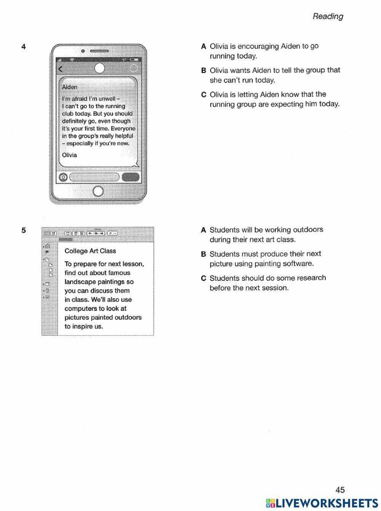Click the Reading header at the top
pyautogui.click(x=328, y=16)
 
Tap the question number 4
pyautogui.click(x=24, y=47)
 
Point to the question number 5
pyautogui.click(x=24, y=230)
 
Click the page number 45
pyautogui.click(x=340, y=490)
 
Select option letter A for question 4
pyautogui.click(x=203, y=46)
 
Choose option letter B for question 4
pyautogui.click(x=203, y=70)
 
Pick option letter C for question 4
pyautogui.click(x=203, y=95)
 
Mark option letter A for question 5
pyautogui.click(x=203, y=230)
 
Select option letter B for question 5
pyautogui.click(x=203, y=254)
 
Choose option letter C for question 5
pyautogui.click(x=203, y=278)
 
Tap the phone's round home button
pyautogui.click(x=98, y=191)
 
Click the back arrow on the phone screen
pyautogui.click(x=60, y=69)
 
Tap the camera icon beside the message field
pyautogui.click(x=64, y=177)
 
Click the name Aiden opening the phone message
pyautogui.click(x=70, y=87)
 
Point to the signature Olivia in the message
pyautogui.click(x=69, y=155)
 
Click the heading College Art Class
pyautogui.click(x=90, y=251)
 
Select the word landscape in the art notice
pyautogui.click(x=79, y=282)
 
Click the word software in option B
pyautogui.click(x=298, y=264)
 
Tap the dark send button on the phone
pyautogui.click(x=130, y=177)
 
